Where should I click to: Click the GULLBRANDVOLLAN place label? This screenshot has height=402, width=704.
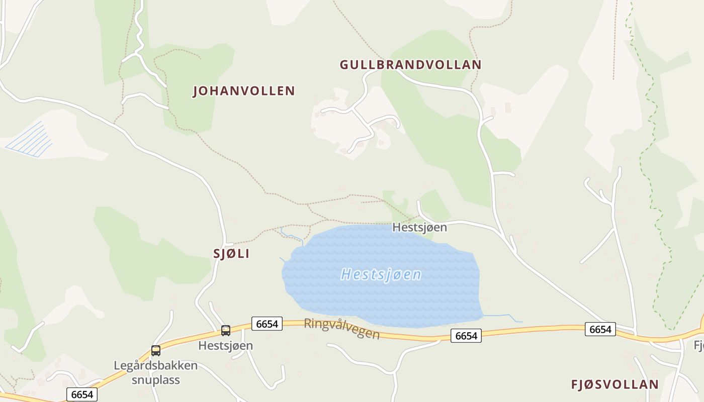[x=410, y=65]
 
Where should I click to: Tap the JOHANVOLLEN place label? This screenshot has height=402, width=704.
[x=244, y=91]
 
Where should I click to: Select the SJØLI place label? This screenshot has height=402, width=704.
[x=231, y=254]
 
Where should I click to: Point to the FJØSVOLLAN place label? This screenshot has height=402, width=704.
[x=614, y=384]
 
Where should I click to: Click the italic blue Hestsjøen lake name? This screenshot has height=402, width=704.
[x=381, y=275]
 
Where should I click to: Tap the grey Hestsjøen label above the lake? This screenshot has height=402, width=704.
[x=419, y=227]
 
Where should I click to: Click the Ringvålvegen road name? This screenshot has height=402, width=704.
[x=342, y=329]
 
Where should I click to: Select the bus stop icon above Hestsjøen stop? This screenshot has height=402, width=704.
[x=226, y=331]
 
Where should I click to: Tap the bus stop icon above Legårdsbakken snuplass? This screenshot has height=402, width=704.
[x=156, y=351]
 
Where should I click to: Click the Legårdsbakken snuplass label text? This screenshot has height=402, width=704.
[x=155, y=372]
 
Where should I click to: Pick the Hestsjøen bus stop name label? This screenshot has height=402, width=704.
[x=225, y=346]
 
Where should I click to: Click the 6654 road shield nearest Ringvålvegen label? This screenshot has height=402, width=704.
[x=267, y=324]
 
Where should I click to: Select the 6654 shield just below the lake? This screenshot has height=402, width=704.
[x=466, y=336]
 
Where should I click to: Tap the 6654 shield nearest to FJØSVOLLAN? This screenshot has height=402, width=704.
[x=600, y=329]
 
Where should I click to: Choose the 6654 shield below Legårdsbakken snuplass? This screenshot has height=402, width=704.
[x=82, y=394]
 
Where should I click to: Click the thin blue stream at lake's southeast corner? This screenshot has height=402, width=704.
[x=503, y=316]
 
